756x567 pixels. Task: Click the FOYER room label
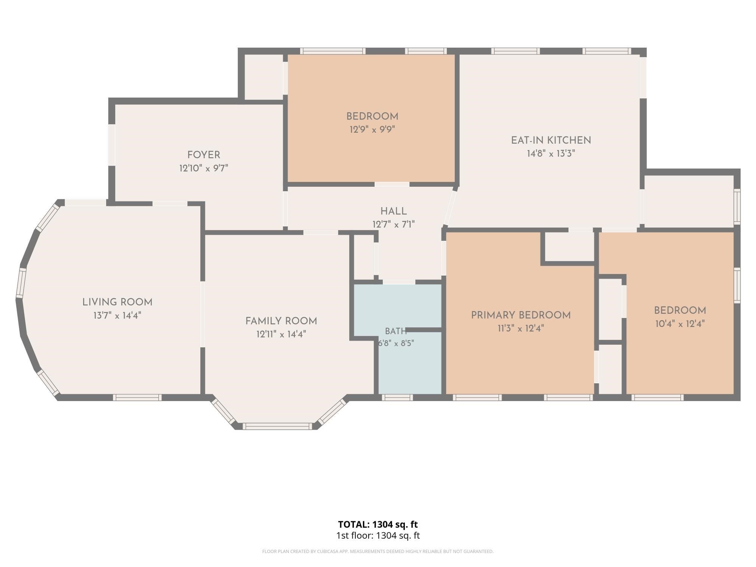coord(204,155)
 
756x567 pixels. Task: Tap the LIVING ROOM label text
coord(118,302)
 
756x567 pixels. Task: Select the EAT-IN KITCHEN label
coord(551,141)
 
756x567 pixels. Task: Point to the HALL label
coord(393,212)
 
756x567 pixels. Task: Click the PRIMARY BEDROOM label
coord(521,315)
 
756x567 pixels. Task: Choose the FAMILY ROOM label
coord(281,321)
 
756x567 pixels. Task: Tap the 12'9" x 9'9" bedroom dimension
coord(372,130)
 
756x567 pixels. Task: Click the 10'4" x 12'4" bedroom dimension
coord(680,324)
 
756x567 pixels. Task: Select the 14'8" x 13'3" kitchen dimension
coord(551,153)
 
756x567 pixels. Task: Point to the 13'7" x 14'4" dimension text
coord(118,315)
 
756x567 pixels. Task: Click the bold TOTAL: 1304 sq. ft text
coord(378,525)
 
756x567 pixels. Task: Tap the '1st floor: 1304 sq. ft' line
coord(378,536)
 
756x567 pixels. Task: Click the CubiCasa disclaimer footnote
coord(378,552)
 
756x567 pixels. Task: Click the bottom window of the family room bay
coord(277,426)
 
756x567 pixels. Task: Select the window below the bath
coord(397,397)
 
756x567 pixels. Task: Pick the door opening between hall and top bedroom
coord(392,184)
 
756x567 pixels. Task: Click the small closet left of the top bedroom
coord(264,77)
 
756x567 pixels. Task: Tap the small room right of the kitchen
coord(689,201)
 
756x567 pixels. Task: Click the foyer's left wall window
coord(112,145)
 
